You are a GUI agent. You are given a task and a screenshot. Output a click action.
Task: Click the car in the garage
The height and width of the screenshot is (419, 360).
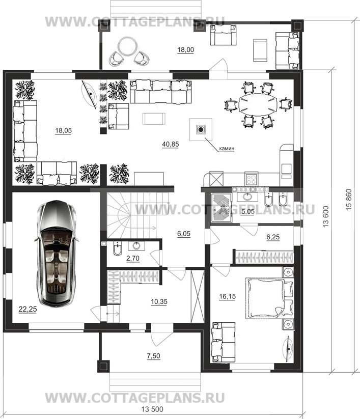coord(57,254)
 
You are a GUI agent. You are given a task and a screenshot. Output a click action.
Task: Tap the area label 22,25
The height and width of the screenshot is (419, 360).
coord(27,309)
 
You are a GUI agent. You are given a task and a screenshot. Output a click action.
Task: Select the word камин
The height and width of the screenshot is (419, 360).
coord(227,148)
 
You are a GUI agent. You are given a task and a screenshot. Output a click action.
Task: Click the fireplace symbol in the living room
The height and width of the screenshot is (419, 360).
coord(201,130)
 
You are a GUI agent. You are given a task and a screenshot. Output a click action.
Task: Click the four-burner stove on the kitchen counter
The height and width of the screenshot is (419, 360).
coord(251,179)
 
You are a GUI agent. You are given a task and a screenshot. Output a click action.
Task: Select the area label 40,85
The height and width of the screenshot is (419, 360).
coord(171,144)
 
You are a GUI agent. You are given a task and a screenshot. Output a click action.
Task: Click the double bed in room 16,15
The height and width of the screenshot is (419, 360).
coord(269,298)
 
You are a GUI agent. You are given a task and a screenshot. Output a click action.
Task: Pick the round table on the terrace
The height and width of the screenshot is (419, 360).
coord(127,46)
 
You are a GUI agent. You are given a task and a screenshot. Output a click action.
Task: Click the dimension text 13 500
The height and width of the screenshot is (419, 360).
coord(152,409)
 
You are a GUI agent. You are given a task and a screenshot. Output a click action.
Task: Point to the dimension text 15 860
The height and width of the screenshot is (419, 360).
coord(349,200)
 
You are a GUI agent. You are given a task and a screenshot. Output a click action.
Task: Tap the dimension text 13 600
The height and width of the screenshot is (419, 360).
coord(325,216)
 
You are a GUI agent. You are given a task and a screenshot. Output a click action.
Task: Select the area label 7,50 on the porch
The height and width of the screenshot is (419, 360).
coord(153,356)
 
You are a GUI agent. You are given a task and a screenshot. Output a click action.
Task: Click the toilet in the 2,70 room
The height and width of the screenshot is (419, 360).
coord(117,248)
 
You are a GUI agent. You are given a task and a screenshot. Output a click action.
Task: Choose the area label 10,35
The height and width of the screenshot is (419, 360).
coord(159,302)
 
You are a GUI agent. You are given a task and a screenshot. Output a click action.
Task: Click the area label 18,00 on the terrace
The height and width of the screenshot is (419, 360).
coord(185,50)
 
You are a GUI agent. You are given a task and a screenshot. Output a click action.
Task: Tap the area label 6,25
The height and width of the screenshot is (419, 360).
coord(273,237)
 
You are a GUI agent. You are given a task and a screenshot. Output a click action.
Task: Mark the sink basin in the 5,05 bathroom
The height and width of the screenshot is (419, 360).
coord(247,197)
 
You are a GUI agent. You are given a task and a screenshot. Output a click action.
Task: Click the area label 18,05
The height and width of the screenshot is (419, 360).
coord(63,131)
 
